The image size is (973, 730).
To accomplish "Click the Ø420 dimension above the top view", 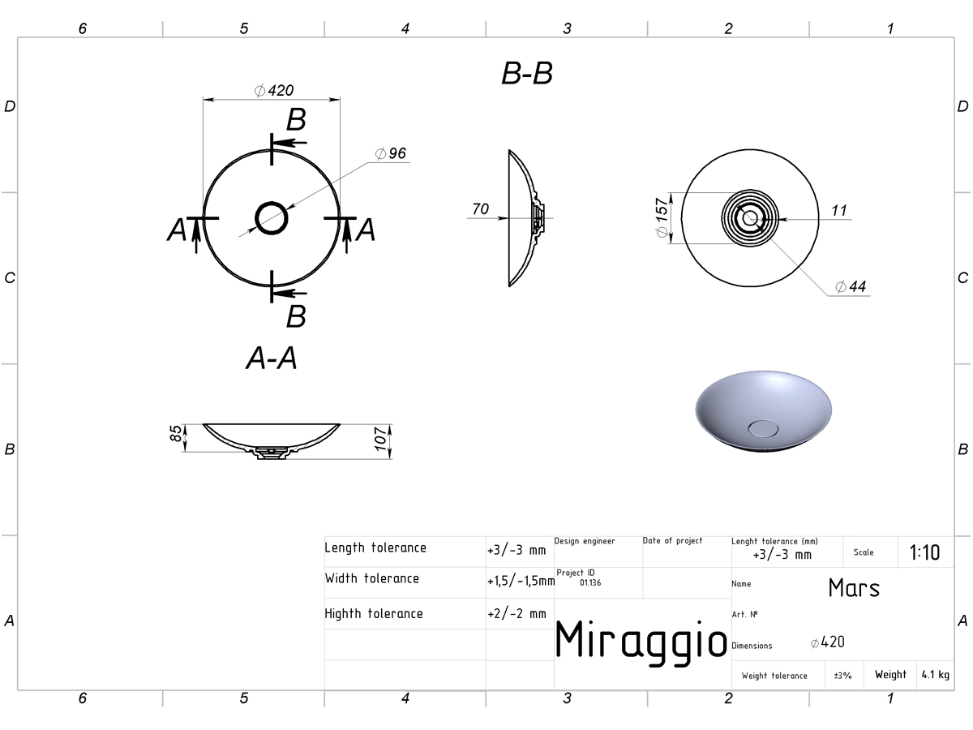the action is (274, 90).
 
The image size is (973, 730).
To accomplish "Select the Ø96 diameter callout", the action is (391, 153).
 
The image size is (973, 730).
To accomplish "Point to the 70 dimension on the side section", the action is (481, 208).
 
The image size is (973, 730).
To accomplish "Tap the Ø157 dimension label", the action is (662, 217).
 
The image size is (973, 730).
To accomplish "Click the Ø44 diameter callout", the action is (851, 286).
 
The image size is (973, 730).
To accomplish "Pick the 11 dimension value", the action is (839, 211).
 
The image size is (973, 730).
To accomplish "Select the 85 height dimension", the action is (176, 433).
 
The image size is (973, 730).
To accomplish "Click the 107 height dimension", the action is (381, 439).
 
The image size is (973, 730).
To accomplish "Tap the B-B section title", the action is (527, 73).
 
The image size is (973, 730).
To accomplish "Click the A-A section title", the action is (272, 359).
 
